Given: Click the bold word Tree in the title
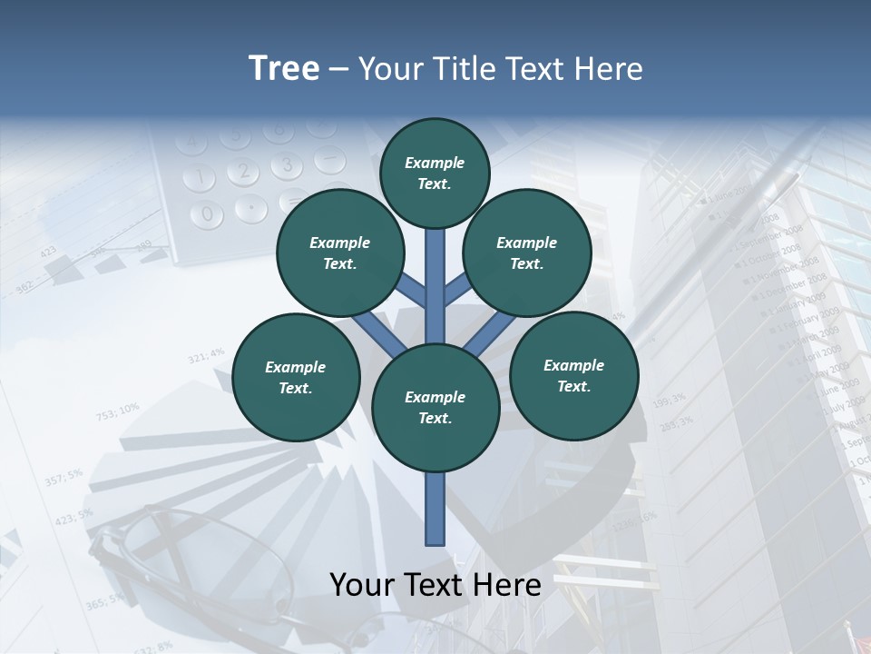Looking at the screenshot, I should click(284, 68).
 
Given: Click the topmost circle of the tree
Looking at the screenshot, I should click(435, 173).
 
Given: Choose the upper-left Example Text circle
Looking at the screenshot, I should click(340, 253).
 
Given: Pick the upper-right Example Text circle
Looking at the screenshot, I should click(527, 253).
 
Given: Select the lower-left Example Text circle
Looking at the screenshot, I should click(296, 377).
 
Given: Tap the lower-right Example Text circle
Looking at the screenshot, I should click(574, 375).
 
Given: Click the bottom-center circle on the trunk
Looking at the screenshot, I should click(435, 408).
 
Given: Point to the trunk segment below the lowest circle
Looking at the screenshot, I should click(435, 509).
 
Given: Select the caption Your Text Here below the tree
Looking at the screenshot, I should click(435, 584).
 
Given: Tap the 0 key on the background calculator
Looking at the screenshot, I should click(208, 214).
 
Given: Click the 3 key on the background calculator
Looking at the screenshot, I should click(287, 165).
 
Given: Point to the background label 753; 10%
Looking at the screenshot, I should click(117, 411).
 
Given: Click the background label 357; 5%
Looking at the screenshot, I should click(63, 476).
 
